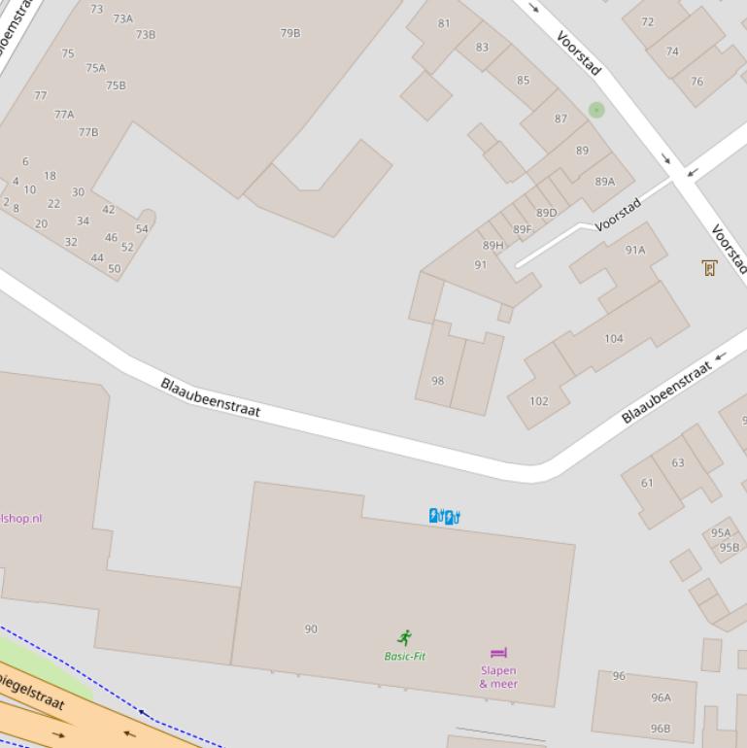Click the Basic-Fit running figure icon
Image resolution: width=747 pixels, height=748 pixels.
tap(405, 637)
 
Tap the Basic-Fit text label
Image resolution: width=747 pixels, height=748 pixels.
tap(405, 657)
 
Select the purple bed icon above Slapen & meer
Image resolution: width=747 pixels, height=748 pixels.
tap(499, 653)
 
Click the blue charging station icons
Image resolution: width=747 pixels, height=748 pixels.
tap(445, 516)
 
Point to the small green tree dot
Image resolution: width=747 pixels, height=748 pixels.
tap(596, 110)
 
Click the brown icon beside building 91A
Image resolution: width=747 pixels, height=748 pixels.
tap(709, 268)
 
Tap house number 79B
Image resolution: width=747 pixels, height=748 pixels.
tap(290, 33)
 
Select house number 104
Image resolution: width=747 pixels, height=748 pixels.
tap(614, 339)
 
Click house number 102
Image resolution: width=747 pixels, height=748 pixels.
tap(539, 401)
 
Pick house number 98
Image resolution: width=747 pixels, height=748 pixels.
tap(437, 381)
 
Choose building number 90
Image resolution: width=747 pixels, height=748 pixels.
tap(311, 629)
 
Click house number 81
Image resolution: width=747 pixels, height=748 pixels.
tap(444, 23)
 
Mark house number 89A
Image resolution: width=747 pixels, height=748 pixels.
tap(605, 182)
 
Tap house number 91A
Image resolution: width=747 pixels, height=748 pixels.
tap(635, 251)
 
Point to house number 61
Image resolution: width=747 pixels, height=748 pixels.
tap(647, 483)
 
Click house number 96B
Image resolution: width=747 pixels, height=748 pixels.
tap(661, 729)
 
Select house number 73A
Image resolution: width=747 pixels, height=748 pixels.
tap(123, 19)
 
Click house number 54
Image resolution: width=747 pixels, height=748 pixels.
tap(142, 229)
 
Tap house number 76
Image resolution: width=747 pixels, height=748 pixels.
tap(696, 82)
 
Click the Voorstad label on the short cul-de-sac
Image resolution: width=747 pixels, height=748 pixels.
tap(619, 215)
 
